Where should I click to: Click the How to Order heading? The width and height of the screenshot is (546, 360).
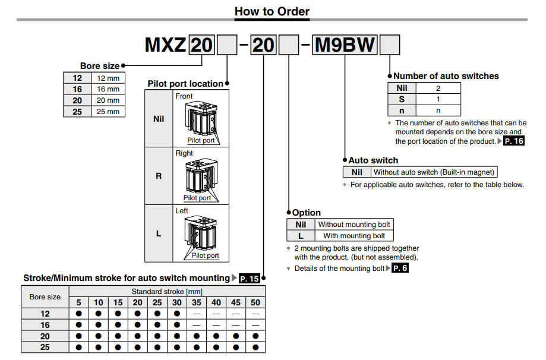point(272,11)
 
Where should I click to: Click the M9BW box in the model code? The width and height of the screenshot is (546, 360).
point(345,45)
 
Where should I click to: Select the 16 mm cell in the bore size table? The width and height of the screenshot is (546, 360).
point(108,89)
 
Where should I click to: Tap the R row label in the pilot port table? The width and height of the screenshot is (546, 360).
point(159,176)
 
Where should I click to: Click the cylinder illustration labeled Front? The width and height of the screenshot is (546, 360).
point(203,119)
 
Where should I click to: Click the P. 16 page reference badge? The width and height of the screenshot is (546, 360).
point(514,141)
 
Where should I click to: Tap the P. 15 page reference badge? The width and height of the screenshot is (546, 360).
point(250,278)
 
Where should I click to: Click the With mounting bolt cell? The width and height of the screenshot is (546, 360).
point(354,236)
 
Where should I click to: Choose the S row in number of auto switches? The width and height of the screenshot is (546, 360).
point(402,99)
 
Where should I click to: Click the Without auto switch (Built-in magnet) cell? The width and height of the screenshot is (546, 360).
point(434,172)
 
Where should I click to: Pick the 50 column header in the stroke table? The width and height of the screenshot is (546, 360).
point(255,302)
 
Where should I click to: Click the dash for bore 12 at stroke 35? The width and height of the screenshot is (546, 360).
point(197,314)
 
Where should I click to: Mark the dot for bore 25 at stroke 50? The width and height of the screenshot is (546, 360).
point(255,348)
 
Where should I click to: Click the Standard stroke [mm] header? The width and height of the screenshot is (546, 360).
point(167,292)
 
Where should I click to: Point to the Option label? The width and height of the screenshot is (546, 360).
point(307,213)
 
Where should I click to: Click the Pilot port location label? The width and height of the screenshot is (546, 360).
point(185,84)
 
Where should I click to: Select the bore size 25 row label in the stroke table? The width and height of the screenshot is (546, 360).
point(45,348)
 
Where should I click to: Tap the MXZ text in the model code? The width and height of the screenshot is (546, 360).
point(166,45)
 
